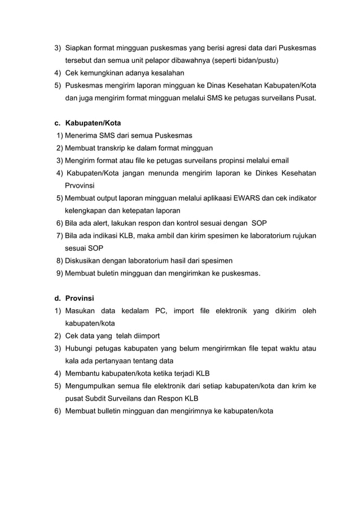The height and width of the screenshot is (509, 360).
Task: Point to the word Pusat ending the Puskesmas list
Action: (x=305, y=99)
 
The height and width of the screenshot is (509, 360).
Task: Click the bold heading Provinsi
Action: (x=80, y=298)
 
